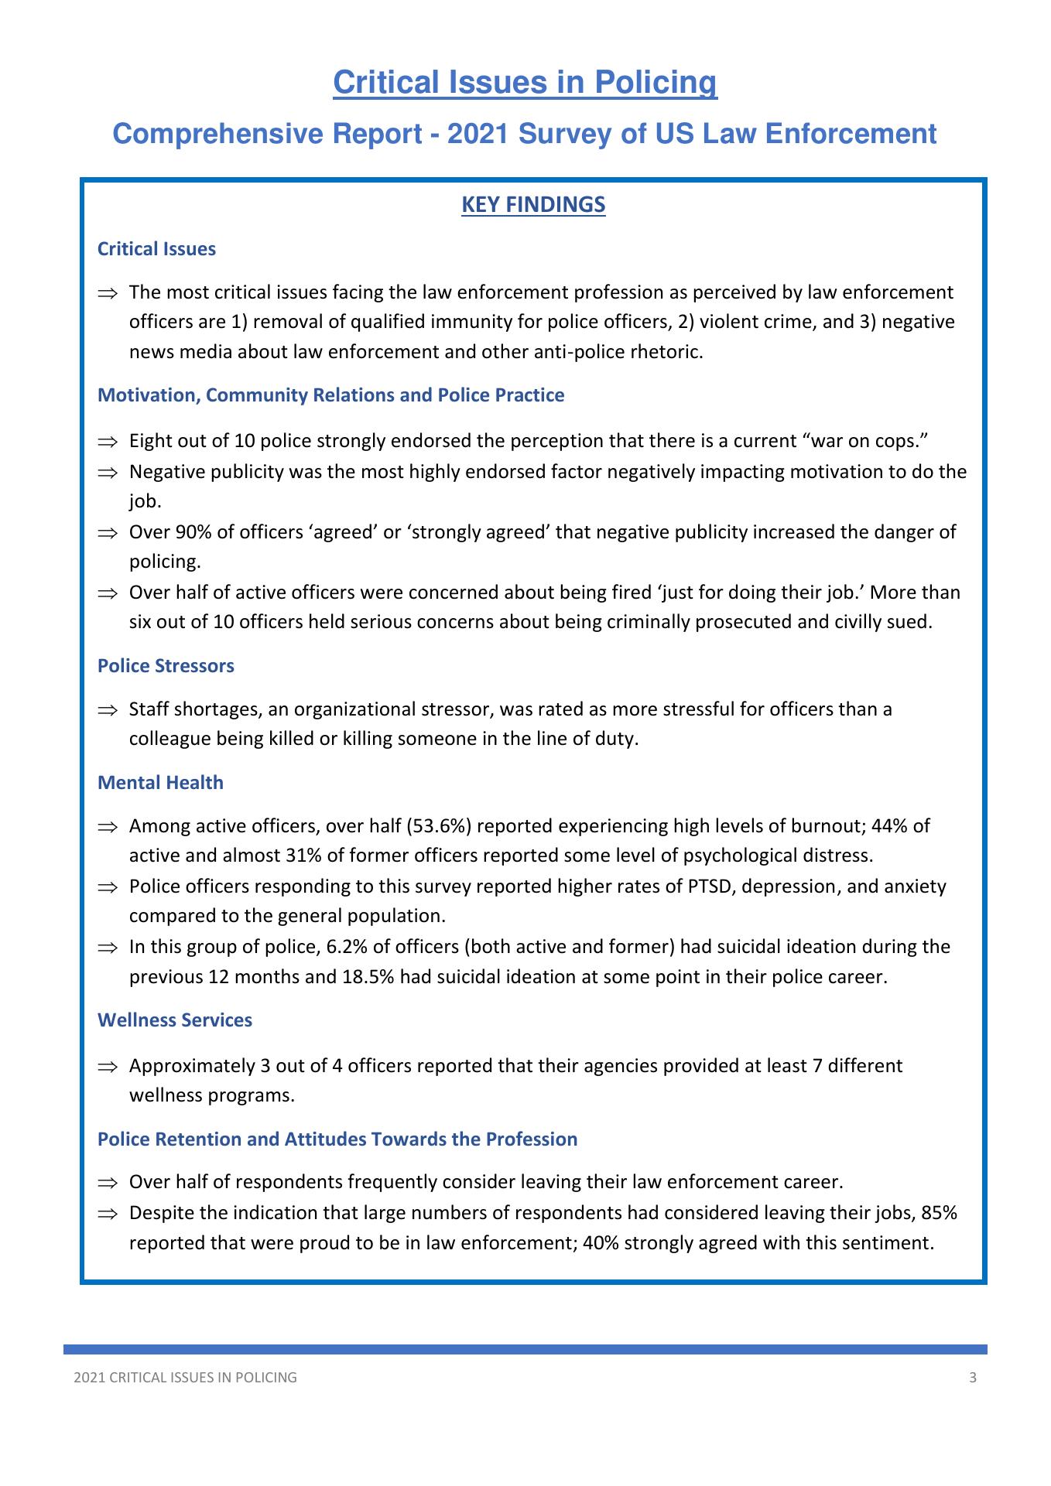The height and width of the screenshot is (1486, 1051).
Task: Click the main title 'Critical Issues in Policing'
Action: [x=525, y=82]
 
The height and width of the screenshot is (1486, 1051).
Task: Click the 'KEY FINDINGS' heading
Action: [x=533, y=205]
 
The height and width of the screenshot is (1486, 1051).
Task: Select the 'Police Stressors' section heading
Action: [x=166, y=666]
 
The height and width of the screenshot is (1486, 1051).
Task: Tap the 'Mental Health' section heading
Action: [x=160, y=783]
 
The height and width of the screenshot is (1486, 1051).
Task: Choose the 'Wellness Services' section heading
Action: [x=175, y=1020]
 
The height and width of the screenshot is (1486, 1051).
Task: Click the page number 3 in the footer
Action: [x=973, y=1378]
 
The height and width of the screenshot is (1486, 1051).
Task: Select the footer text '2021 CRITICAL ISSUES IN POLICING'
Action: [x=185, y=1378]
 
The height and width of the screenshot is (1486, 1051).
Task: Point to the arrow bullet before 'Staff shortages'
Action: [x=107, y=709]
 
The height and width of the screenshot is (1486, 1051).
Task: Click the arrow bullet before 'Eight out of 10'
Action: [x=107, y=442]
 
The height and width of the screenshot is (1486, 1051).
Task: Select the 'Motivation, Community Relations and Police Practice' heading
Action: [x=330, y=395]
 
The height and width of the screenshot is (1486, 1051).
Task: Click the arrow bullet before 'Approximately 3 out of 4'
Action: [x=107, y=1067]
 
